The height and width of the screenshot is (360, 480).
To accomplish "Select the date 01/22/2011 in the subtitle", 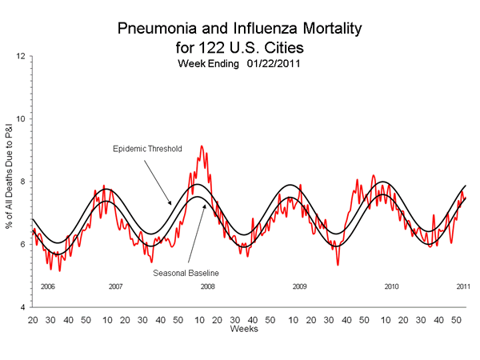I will tap(274, 62).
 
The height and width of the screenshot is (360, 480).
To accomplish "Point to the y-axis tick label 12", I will tap(20, 56).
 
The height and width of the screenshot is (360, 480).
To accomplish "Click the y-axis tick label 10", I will tap(20, 119).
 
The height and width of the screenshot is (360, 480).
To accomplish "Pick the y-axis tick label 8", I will tap(22, 182).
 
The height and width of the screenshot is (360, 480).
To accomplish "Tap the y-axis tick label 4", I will tap(22, 307).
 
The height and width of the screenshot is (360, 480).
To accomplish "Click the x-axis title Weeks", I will tap(242, 329).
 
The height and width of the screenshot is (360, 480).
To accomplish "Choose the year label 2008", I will tap(208, 286).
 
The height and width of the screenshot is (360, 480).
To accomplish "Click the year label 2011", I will tap(463, 286).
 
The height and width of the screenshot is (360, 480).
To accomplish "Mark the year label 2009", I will tap(299, 286).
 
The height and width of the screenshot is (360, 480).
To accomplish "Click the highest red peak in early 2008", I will tap(202, 146).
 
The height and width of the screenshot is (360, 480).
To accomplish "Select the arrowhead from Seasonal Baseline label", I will tap(206, 206).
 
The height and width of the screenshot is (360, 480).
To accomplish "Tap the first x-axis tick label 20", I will tap(32, 319).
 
